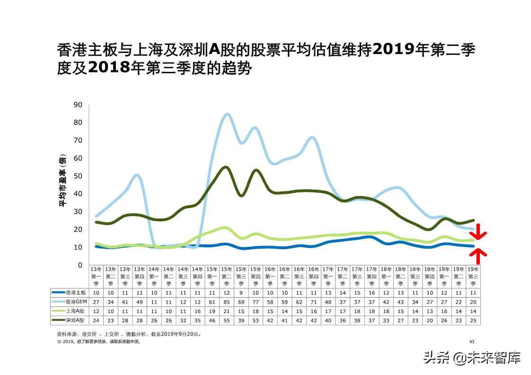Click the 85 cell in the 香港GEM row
coord(226,302)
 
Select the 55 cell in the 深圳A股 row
coord(226,321)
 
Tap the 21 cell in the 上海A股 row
coord(226,311)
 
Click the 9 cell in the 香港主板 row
coord(241,293)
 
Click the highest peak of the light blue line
coord(227,114)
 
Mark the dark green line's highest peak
coord(226,167)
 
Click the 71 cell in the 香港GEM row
coord(313,302)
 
